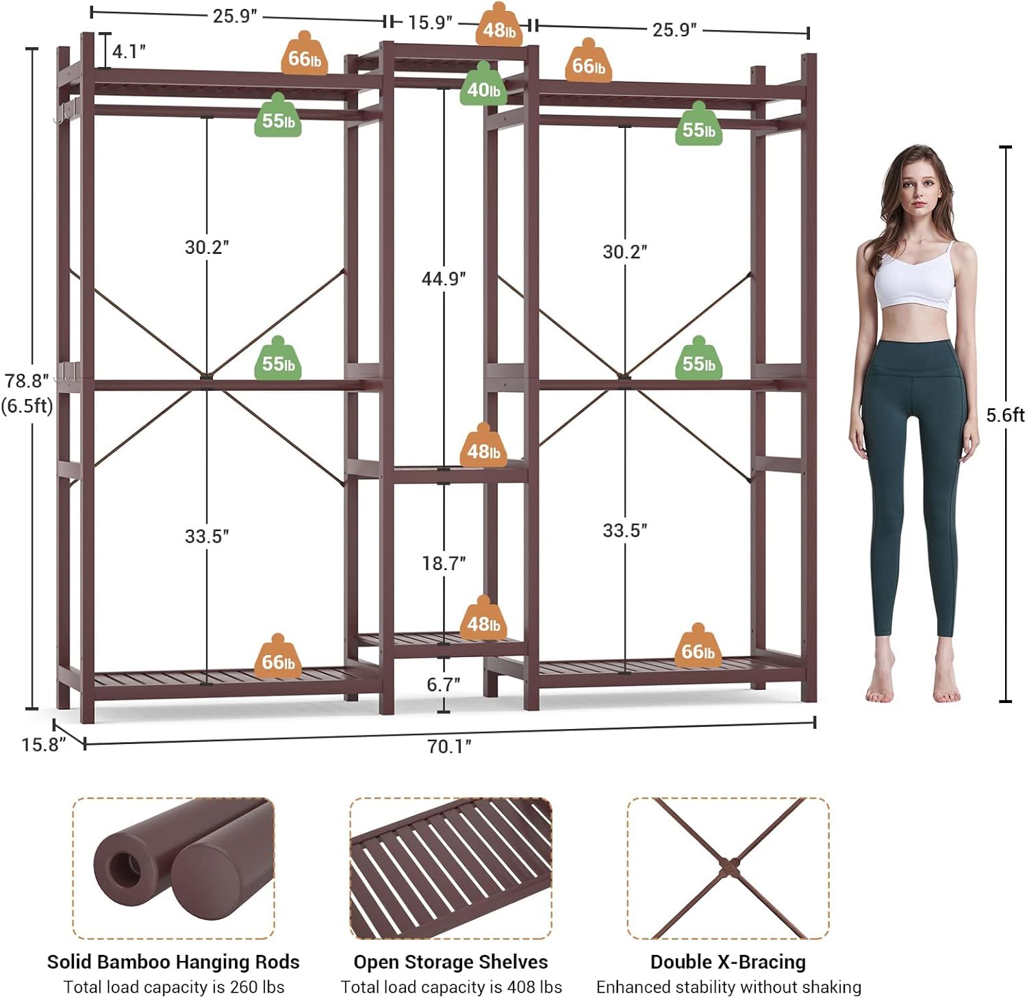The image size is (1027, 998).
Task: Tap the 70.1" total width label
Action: coord(449,745)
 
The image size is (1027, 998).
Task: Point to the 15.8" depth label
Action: coord(43,744)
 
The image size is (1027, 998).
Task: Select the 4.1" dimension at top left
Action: coord(129,51)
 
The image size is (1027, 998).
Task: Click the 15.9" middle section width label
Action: coord(430,23)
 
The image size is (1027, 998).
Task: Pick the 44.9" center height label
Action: coord(444,279)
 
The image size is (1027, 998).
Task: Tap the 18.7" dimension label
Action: coord(444,563)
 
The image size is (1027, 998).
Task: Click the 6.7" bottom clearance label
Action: coord(444,684)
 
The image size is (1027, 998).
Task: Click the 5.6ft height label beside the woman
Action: coord(1005,415)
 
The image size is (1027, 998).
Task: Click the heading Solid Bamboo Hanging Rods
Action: coord(173,962)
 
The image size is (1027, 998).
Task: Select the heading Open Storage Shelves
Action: coord(451,962)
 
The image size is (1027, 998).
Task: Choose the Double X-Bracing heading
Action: coord(728,962)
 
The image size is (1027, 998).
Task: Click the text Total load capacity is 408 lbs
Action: coord(451,987)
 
